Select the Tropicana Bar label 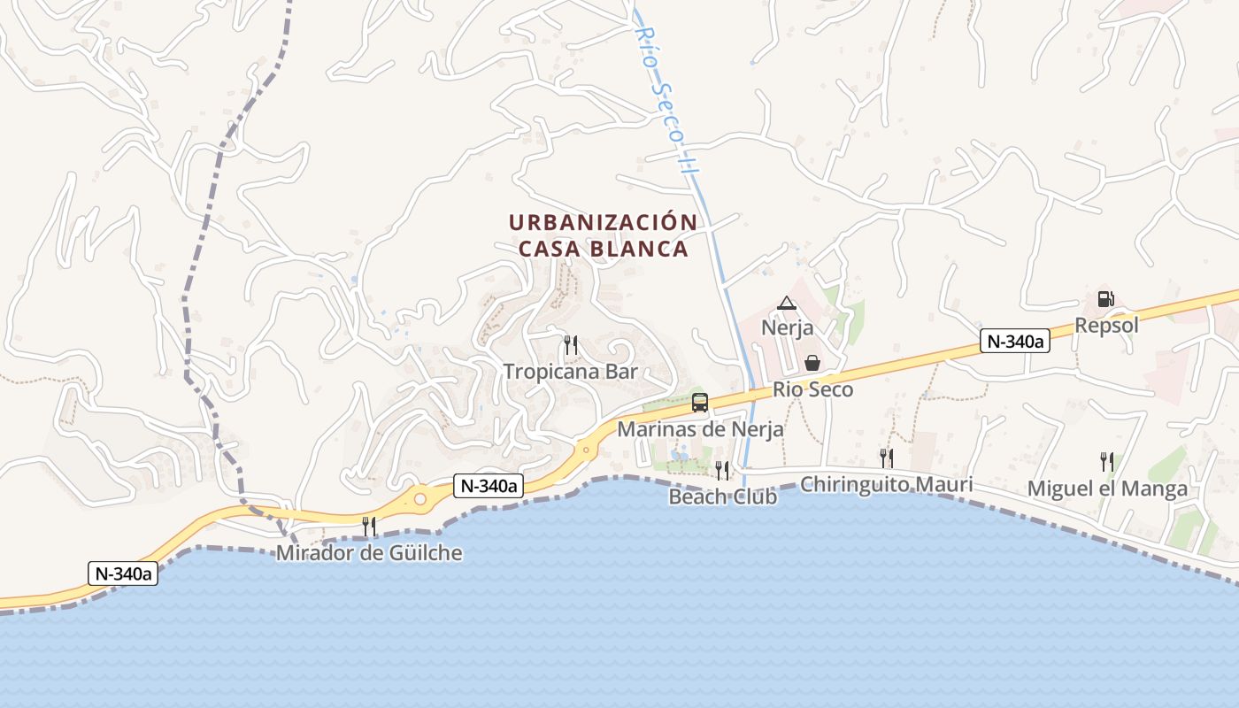571,372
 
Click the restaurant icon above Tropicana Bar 571,345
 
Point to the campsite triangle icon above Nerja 786,304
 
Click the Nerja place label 787,328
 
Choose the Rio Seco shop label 812,389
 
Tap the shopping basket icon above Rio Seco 812,364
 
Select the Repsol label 1106,325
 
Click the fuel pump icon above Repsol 1105,299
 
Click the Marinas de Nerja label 700,430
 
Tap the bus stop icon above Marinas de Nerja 700,403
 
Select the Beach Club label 722,496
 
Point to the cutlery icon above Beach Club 722,470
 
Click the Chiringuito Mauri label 886,484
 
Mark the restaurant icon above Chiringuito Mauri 886,458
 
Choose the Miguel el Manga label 1107,489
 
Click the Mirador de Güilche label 369,553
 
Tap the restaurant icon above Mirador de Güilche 369,527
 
